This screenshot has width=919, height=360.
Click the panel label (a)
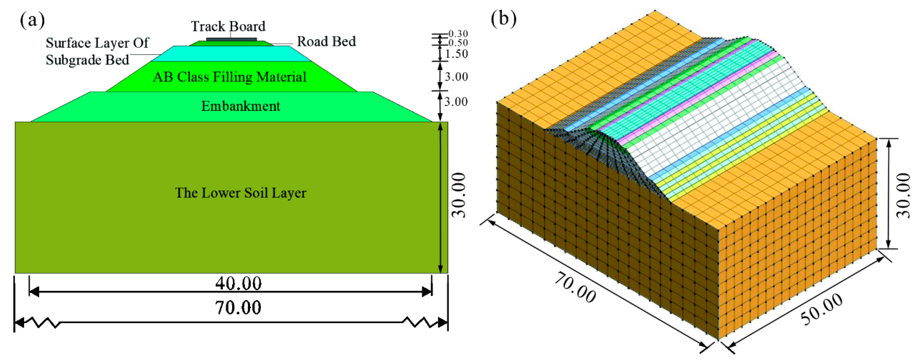(32, 21)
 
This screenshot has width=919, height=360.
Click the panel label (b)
(503, 18)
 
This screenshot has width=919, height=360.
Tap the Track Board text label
(228, 26)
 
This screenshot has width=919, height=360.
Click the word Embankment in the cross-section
(240, 106)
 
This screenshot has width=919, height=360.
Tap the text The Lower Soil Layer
(240, 193)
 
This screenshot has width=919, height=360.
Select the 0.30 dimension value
(458, 34)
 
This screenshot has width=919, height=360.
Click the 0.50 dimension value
(458, 43)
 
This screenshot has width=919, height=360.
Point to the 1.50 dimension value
(457, 54)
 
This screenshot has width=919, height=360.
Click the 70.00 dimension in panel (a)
(238, 308)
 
